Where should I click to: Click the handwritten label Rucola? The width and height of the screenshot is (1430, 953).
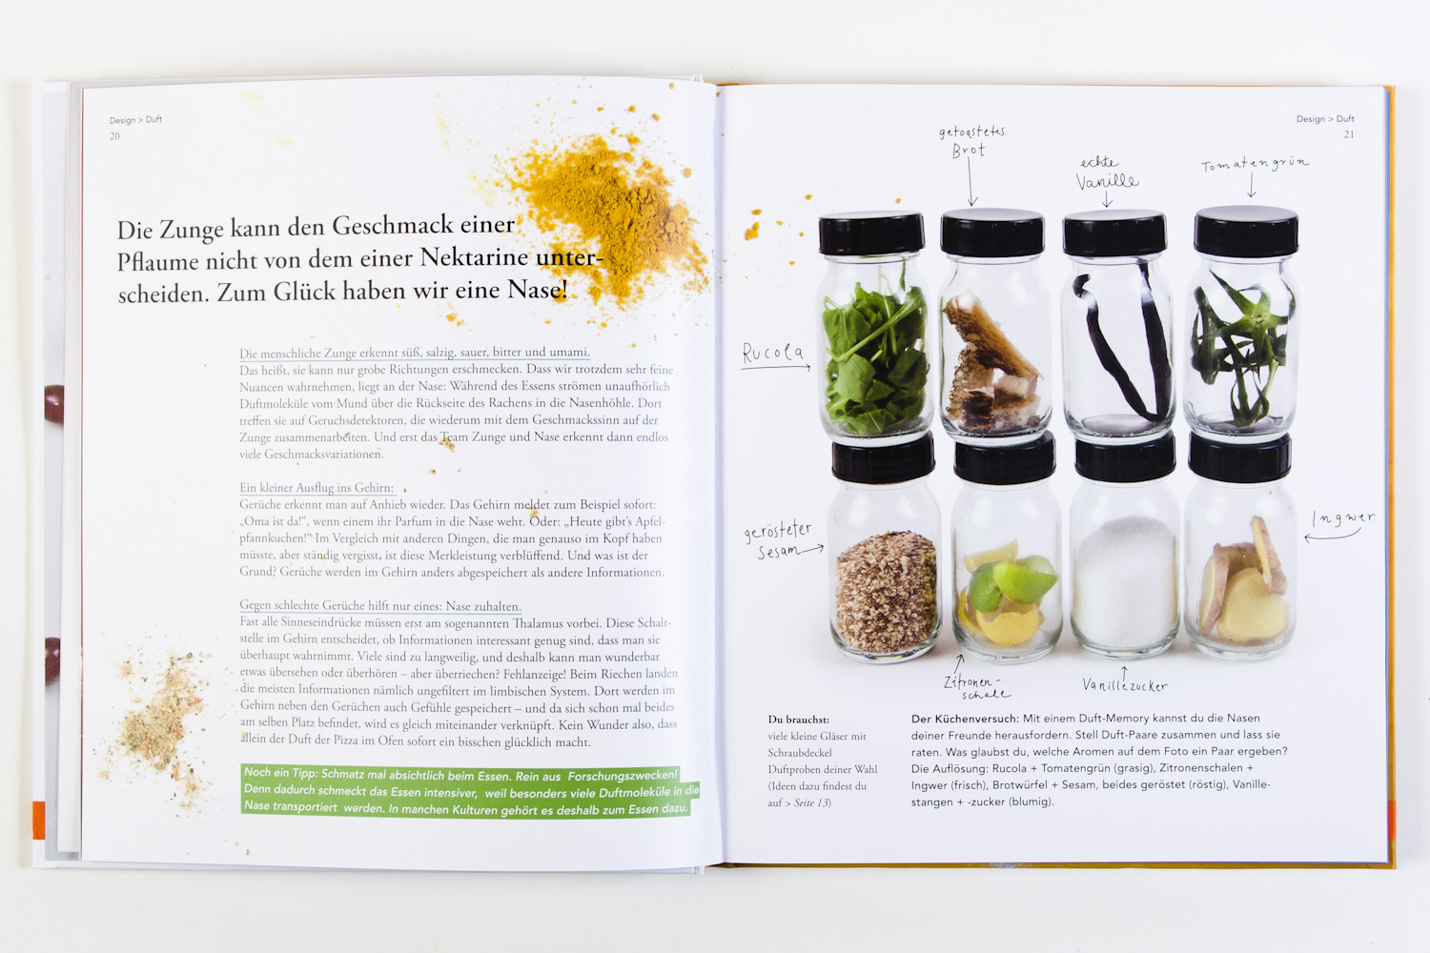coord(773,353)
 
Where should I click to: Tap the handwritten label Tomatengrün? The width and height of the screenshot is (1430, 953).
coord(1255,164)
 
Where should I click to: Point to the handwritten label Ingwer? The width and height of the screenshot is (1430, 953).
coord(1343,518)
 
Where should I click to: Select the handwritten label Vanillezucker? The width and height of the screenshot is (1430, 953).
coord(1125,685)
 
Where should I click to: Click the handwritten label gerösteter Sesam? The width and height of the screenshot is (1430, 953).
coord(778,540)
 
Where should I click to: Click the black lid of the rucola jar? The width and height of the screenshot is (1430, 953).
coord(871,233)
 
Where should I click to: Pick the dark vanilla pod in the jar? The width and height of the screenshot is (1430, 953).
coord(1126,338)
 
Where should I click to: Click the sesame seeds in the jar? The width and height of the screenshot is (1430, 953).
coord(886,593)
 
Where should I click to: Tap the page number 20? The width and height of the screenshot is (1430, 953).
coord(115,136)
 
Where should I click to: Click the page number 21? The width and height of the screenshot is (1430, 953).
coord(1348,134)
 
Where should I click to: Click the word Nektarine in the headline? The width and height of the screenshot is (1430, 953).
coord(474,258)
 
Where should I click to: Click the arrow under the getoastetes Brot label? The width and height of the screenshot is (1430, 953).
coord(970,183)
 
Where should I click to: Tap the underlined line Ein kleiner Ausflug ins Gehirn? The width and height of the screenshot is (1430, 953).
coord(317,488)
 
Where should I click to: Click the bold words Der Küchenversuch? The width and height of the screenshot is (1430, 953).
coord(965,719)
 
